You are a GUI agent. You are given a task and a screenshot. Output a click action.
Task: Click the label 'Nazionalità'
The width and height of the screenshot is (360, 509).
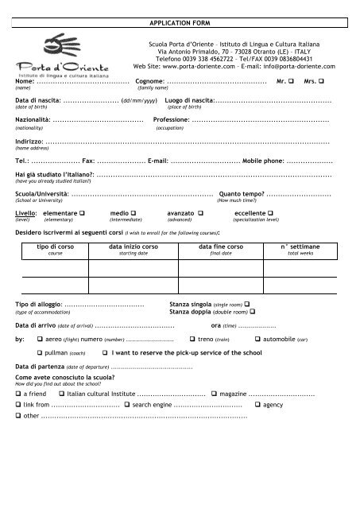tap(33, 119)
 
